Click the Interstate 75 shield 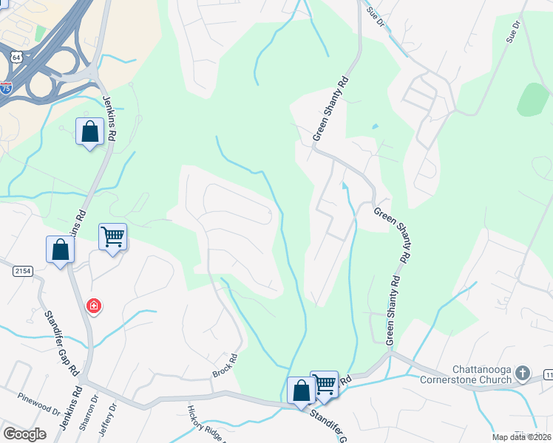pos(5,87)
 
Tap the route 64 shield pos(16,56)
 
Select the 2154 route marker pos(23,272)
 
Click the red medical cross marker pos(94,305)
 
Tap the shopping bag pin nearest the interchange pos(89,132)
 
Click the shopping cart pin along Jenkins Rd pos(112,237)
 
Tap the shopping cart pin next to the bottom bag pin pos(324,384)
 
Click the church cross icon pos(523,373)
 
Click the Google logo pos(25,433)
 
